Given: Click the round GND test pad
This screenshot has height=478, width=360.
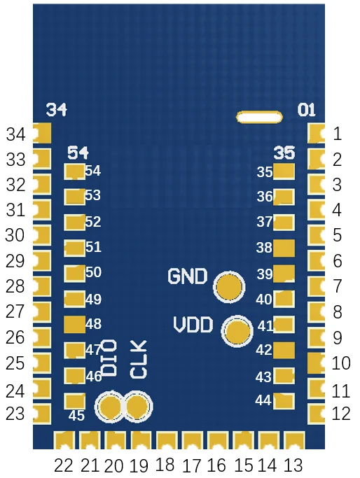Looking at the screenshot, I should [x=229, y=287].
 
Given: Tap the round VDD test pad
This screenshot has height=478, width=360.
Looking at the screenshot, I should [x=238, y=332].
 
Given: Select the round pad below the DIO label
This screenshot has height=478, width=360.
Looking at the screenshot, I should [x=111, y=407].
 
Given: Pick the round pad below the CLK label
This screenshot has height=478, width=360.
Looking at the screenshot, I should [x=138, y=407].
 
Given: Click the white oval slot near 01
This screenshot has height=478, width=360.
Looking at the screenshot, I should [x=258, y=117].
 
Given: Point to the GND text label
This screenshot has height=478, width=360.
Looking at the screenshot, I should [x=188, y=276].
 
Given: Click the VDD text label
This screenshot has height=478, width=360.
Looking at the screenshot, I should [x=194, y=325].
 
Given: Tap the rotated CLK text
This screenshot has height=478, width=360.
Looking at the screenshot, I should [x=139, y=360].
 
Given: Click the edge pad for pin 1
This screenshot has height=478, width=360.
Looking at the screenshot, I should [x=317, y=133].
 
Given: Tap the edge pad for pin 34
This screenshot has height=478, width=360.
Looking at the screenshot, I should [x=42, y=132].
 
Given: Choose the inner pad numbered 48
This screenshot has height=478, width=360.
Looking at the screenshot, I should [x=74, y=324].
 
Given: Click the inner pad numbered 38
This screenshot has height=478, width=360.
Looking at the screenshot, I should [x=284, y=247].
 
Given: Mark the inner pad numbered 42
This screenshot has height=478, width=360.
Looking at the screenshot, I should [x=284, y=349].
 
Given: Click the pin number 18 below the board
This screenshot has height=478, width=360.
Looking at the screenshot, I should [x=165, y=465].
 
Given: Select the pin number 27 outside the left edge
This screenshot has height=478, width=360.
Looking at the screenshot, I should [x=15, y=311].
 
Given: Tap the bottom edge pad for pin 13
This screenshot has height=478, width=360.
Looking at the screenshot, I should [x=294, y=442].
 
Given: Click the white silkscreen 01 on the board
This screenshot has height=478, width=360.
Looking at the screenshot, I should [x=307, y=110].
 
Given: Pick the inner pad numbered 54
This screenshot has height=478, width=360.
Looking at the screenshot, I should [x=74, y=171].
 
